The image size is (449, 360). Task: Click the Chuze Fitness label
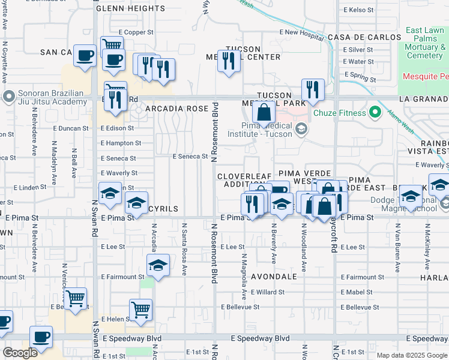point(342,113)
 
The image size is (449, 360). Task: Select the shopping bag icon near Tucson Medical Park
point(264,112)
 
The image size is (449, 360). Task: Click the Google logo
point(20,353)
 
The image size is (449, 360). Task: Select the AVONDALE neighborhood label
point(274,277)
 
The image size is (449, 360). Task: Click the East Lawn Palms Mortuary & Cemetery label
point(425,43)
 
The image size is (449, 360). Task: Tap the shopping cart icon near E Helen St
point(140,310)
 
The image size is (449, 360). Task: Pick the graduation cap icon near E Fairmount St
point(158,265)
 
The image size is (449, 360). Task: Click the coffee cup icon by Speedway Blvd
point(41,337)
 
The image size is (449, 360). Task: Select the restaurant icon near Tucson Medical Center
point(229,61)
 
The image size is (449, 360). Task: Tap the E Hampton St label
point(121,143)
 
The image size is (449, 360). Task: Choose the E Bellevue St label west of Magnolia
point(240,307)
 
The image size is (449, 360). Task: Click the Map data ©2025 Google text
point(412,355)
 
